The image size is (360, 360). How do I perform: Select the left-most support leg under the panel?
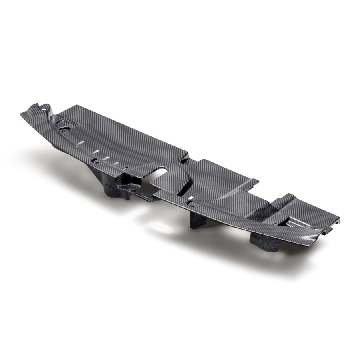pos(116,192)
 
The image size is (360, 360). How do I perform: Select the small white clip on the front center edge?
pos(192,198)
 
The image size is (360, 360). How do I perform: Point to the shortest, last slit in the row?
pos(116,164)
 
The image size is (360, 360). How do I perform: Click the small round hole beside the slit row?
pos(94,160)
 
